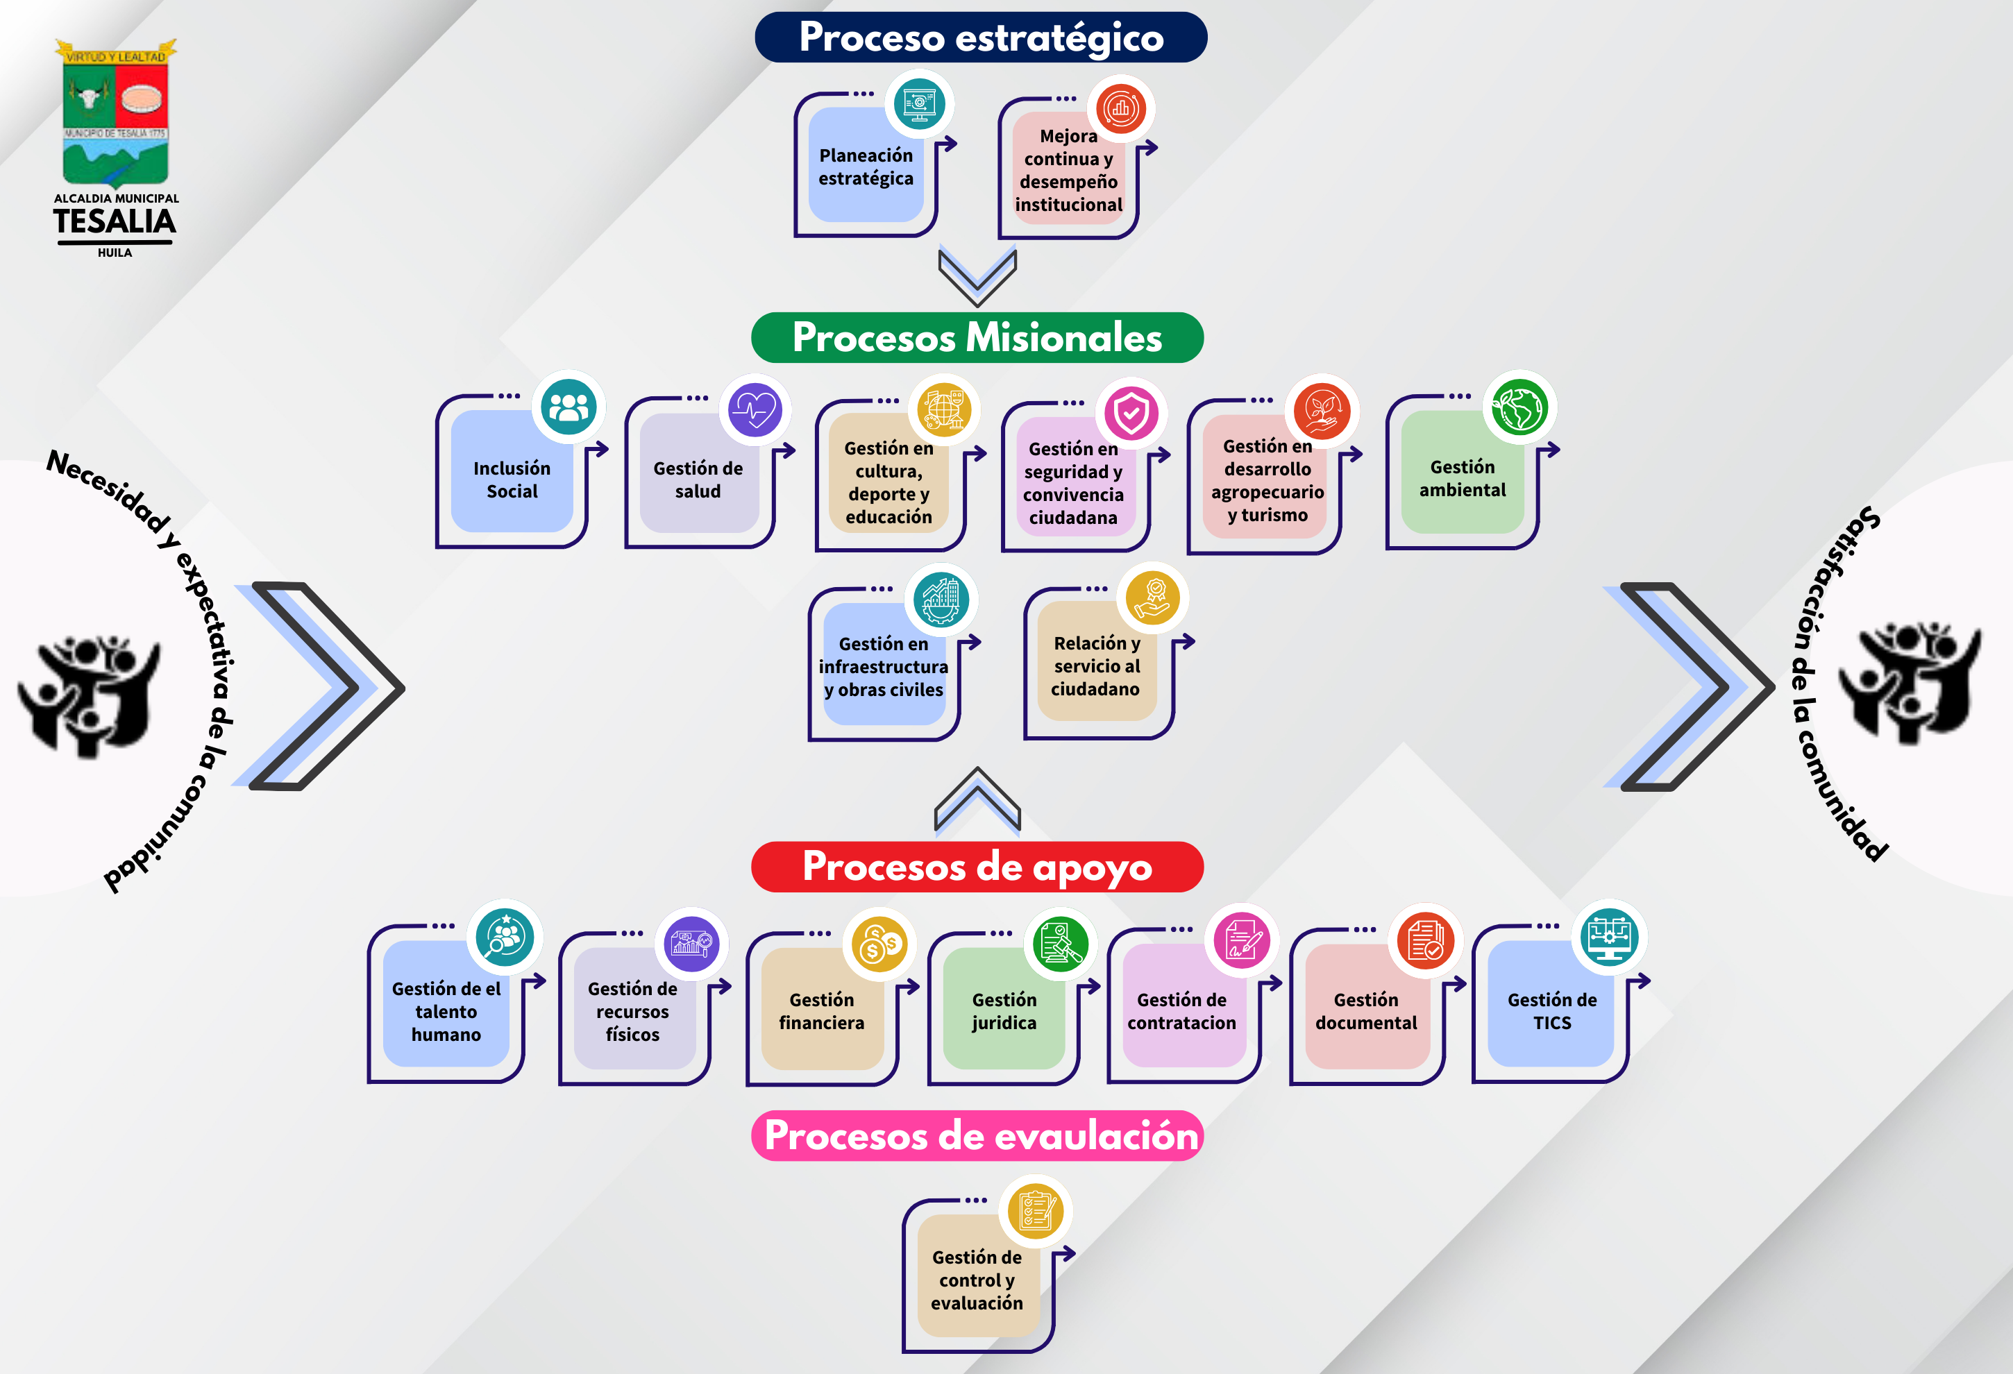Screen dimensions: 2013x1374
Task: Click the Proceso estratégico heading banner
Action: coord(981,37)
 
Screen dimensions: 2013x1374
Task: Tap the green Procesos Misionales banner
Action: coord(977,338)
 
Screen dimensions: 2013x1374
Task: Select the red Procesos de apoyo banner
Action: coord(977,867)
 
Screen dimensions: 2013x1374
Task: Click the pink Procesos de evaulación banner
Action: coord(977,1136)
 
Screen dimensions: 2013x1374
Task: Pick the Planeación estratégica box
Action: coord(866,167)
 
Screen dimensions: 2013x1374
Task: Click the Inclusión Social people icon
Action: coord(568,407)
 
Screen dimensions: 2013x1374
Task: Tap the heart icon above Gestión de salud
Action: coord(755,410)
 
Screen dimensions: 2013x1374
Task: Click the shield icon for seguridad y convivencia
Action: coord(1131,414)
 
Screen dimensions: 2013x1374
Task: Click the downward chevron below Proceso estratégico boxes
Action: coord(977,275)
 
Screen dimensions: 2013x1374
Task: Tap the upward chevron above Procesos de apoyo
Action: coord(977,801)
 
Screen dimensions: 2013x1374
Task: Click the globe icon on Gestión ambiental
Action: coord(1519,407)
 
